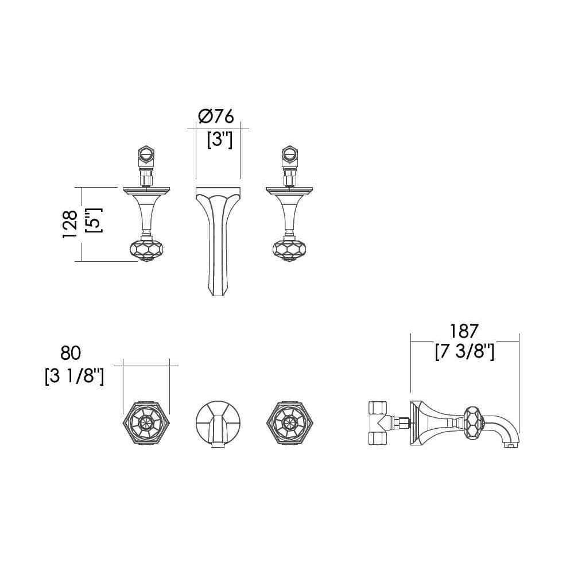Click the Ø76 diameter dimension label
(x=216, y=117)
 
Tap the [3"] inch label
(x=220, y=139)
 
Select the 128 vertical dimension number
(x=70, y=224)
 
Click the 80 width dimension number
(x=71, y=353)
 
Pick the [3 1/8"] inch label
(x=74, y=377)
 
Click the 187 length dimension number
(x=464, y=331)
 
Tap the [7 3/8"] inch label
(x=465, y=352)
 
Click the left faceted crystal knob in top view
(x=146, y=250)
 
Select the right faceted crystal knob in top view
(x=289, y=250)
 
